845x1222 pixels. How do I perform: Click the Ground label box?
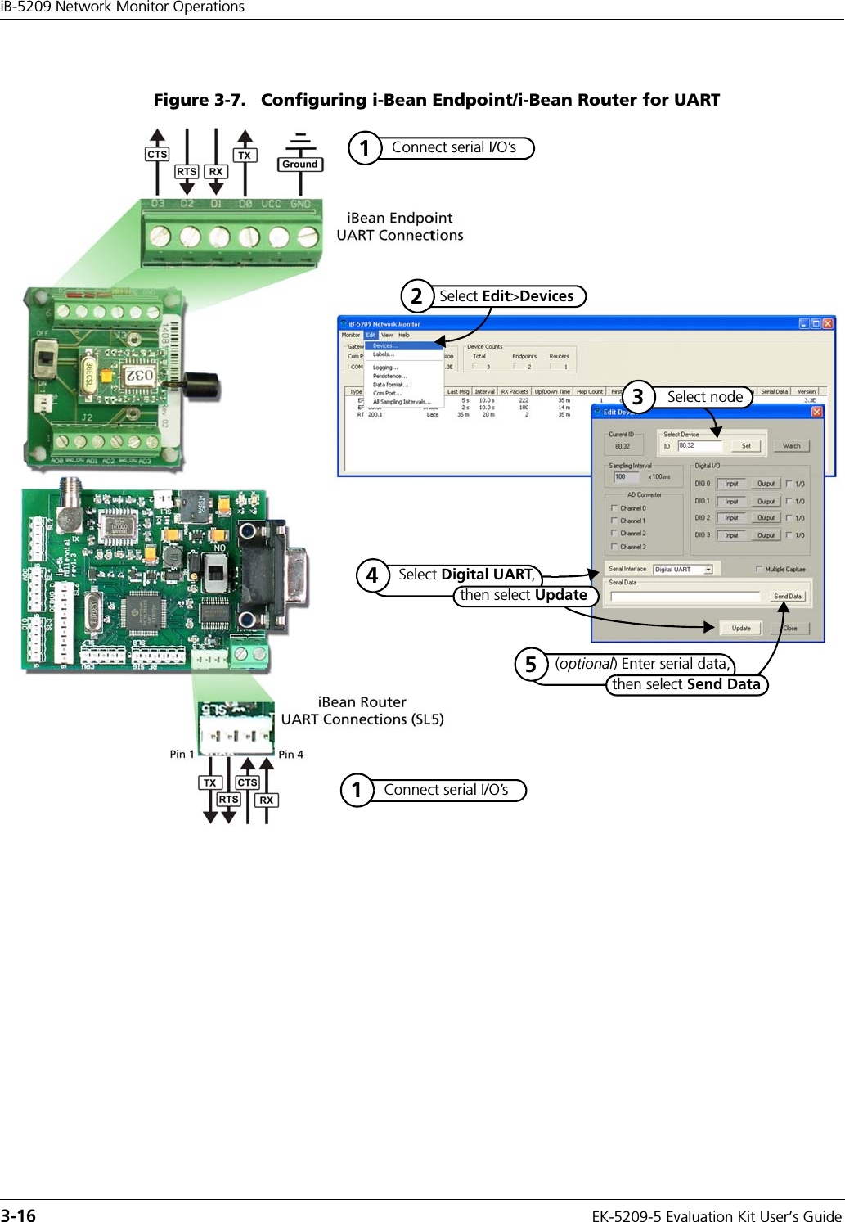(300, 165)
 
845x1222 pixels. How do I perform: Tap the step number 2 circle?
(416, 295)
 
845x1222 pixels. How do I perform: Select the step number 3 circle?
(638, 397)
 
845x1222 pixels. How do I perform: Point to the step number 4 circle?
(372, 575)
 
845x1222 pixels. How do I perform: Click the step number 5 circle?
(531, 664)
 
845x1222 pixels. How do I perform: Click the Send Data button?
(788, 597)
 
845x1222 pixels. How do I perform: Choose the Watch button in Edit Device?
(791, 446)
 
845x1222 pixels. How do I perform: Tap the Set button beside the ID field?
(746, 446)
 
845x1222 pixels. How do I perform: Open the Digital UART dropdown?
(708, 570)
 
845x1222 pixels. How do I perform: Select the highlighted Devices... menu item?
(385, 346)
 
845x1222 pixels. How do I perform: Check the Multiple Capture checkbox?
(759, 569)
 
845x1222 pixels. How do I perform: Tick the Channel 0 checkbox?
(614, 508)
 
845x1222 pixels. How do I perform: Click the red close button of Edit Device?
(816, 412)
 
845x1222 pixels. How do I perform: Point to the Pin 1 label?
(182, 754)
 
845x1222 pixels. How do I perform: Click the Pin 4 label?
(290, 755)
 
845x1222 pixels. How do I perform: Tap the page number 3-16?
(18, 1215)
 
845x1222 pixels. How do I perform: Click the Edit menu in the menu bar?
(371, 335)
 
